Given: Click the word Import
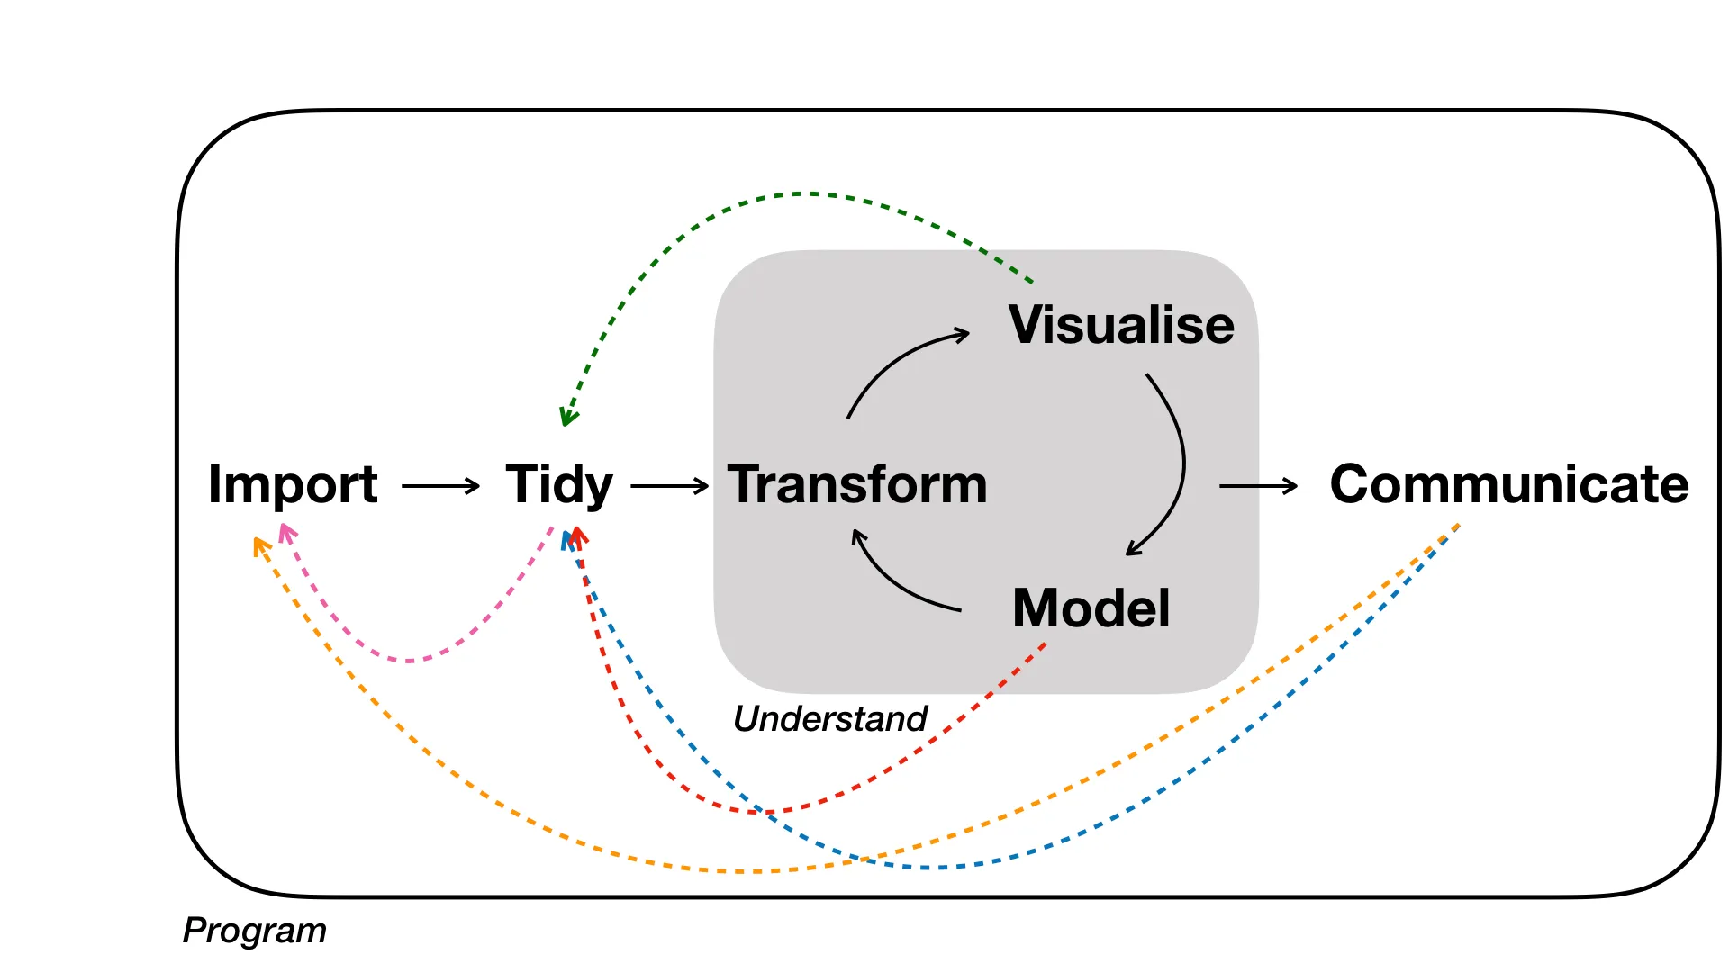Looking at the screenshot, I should pos(293,485).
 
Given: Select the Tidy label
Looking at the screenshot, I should pos(559,485).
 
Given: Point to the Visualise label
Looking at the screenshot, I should pos(1121,325).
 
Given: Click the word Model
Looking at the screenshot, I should pos(1091,608).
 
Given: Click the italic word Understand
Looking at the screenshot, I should pos(830,718).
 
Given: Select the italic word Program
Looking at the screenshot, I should pos(255,931).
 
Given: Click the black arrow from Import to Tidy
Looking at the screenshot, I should pos(441,486).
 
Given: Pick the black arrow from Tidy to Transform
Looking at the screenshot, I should pos(670,486).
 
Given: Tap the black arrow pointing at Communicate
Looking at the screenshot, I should pos(1258,486).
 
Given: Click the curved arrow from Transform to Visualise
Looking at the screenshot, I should pos(896,360).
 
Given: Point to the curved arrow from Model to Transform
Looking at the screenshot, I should pos(896,585).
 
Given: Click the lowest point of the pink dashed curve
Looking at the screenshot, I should pos(410,661).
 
